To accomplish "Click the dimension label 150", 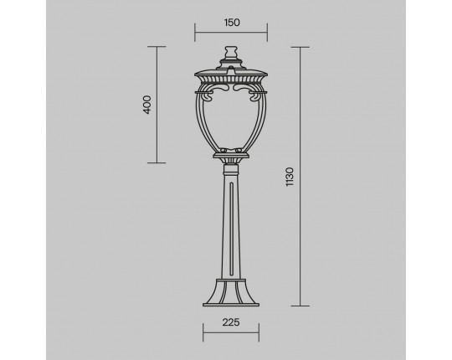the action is point(232,23).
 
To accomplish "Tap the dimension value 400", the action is point(147,105).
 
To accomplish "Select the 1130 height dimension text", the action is point(290,177).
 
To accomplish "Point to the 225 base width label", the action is point(231,322).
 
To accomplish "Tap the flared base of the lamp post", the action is point(231,292).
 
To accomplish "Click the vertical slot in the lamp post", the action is point(231,229).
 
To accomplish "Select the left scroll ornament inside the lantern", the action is point(217,91).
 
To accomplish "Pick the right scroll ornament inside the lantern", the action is point(245,91).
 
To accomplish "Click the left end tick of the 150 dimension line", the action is point(195,33).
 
